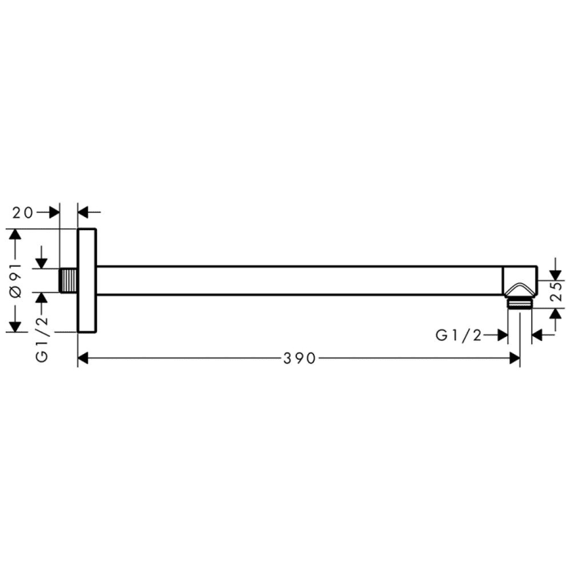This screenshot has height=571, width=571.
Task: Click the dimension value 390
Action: click(x=299, y=359)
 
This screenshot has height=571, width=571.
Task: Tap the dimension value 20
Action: click(x=23, y=212)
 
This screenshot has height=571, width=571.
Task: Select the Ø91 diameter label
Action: click(x=14, y=281)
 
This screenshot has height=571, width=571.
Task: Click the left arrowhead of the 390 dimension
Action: click(x=84, y=359)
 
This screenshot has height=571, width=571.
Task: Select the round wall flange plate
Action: click(x=86, y=281)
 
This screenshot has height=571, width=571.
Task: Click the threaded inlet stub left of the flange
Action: click(x=69, y=281)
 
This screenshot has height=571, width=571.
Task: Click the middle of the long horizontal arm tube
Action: click(x=299, y=281)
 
